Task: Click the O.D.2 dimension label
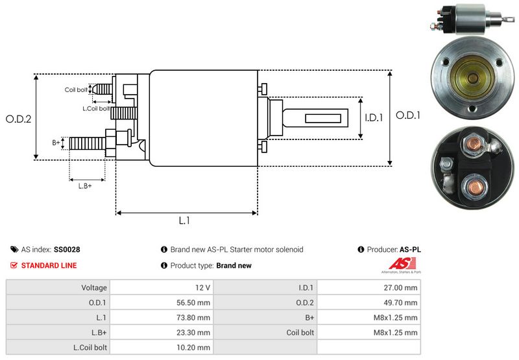pos(19,119)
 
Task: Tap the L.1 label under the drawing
pos(184,221)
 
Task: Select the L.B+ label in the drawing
pos(85,186)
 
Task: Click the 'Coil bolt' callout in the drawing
pos(76,90)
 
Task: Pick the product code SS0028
pos(67,249)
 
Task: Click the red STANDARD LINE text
pos(49,265)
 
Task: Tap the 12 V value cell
pos(201,287)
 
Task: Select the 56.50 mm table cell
pos(195,302)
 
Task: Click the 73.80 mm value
pos(195,318)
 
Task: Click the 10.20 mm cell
pos(195,348)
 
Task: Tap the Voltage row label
pos(94,287)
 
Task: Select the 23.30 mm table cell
pos(195,333)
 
